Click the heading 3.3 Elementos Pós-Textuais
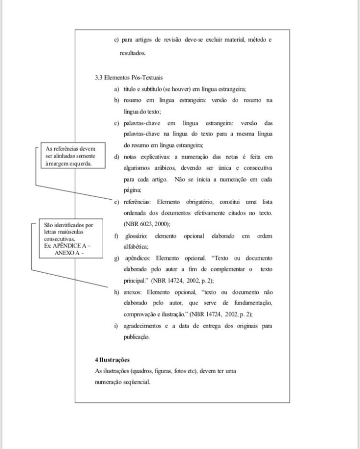pyautogui.click(x=129, y=78)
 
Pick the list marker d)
pyautogui.click(x=116, y=157)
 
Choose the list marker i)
pyautogui.click(x=116, y=326)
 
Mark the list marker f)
pyautogui.click(x=116, y=236)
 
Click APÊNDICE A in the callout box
pyautogui.click(x=70, y=245)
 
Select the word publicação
pyautogui.click(x=136, y=337)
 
